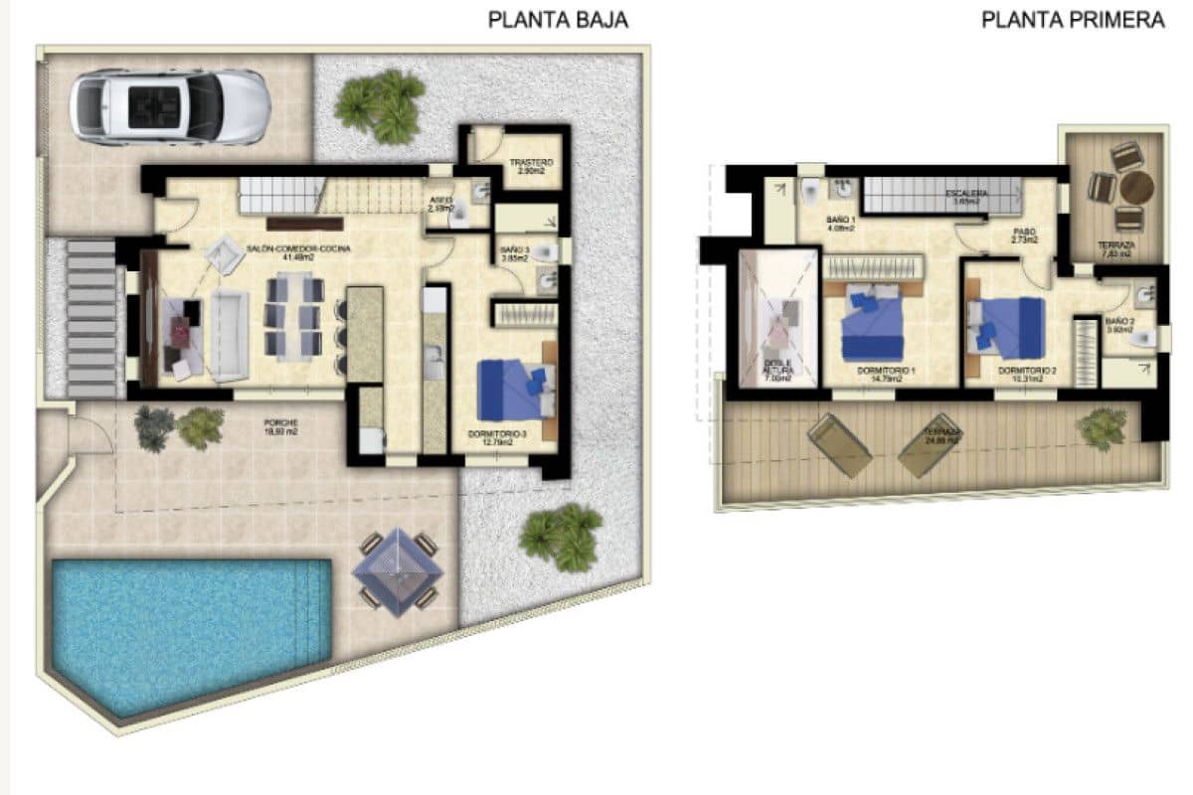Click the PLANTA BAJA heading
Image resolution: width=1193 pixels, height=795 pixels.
(x=558, y=20)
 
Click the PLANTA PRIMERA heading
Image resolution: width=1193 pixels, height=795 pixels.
(x=1073, y=20)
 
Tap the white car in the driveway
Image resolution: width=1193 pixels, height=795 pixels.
(x=170, y=107)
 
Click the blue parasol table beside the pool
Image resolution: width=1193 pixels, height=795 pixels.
(x=398, y=570)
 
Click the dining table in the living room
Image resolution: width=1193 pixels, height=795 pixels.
(x=293, y=317)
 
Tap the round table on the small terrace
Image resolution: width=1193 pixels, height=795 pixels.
(x=1135, y=187)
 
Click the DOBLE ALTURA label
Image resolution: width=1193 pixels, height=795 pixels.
(x=777, y=369)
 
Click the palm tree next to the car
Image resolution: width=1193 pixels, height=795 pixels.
(x=381, y=105)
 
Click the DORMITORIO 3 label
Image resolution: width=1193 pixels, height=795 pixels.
(x=496, y=435)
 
